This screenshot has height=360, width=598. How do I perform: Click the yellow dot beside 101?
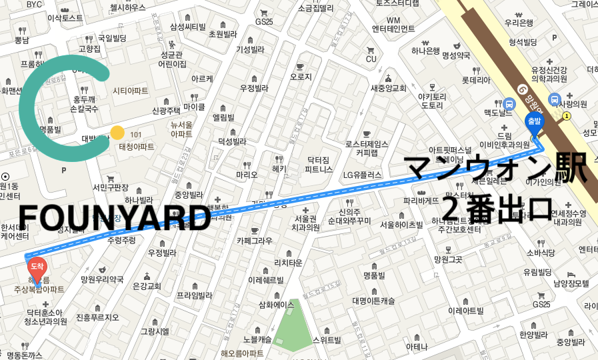[x=117, y=133]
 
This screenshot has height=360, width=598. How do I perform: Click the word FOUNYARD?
[x=114, y=218]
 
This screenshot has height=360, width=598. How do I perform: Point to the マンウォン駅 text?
[x=497, y=170]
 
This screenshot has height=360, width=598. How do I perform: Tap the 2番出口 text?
[x=497, y=208]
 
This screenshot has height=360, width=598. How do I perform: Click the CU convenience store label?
[x=371, y=59]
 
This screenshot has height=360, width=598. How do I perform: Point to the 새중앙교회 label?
[x=388, y=87]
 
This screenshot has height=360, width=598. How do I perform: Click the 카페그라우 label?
[x=254, y=240]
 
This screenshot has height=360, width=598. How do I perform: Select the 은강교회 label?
[x=147, y=286]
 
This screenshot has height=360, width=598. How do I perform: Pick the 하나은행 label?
[x=425, y=50]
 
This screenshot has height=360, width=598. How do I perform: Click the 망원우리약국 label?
[x=102, y=279]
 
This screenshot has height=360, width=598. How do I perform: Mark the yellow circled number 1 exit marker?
[x=567, y=115]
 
